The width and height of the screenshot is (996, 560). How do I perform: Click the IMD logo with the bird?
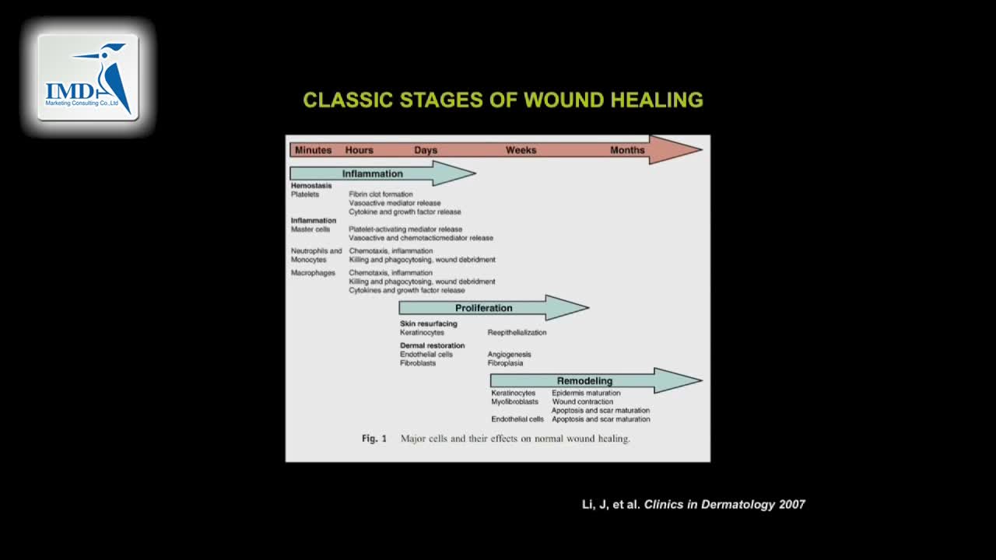pyautogui.click(x=89, y=78)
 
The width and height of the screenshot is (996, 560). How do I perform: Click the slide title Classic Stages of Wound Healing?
pyautogui.click(x=503, y=100)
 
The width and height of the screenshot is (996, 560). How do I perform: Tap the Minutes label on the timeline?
pyautogui.click(x=313, y=150)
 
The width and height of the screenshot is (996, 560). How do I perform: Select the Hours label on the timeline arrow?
pyautogui.click(x=359, y=150)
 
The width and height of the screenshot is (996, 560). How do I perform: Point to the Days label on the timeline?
pyautogui.click(x=426, y=150)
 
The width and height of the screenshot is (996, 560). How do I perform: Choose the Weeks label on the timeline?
pyautogui.click(x=521, y=150)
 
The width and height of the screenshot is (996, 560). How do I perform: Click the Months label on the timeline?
pyautogui.click(x=627, y=150)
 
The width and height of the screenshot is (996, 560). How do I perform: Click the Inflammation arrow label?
pyautogui.click(x=373, y=173)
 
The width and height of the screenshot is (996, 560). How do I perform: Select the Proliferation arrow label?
pyautogui.click(x=483, y=308)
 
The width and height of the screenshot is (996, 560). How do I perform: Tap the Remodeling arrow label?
pyautogui.click(x=584, y=381)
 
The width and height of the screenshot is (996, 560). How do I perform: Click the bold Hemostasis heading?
pyautogui.click(x=311, y=186)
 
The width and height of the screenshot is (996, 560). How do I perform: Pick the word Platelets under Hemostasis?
pyautogui.click(x=305, y=194)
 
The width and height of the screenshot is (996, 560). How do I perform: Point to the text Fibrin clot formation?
pyautogui.click(x=381, y=194)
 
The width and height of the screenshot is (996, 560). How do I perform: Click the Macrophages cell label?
pyautogui.click(x=313, y=273)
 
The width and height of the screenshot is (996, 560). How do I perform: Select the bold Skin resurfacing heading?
pyautogui.click(x=429, y=324)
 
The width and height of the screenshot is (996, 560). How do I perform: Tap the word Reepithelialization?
pyautogui.click(x=517, y=332)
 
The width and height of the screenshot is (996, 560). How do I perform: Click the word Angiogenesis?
pyautogui.click(x=509, y=355)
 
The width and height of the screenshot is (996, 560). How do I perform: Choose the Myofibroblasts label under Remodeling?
pyautogui.click(x=514, y=402)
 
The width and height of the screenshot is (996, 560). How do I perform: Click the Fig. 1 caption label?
pyautogui.click(x=373, y=439)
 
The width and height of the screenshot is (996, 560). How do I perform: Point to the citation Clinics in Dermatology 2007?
pyautogui.click(x=724, y=505)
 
